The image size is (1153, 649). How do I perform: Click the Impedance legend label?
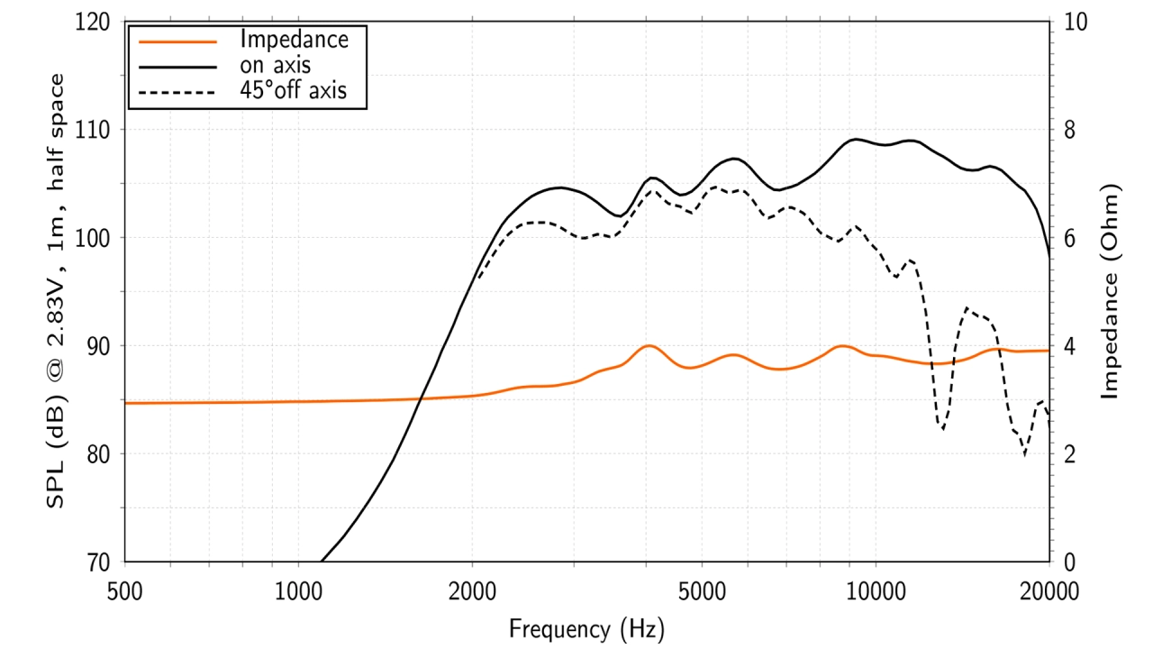tap(294, 40)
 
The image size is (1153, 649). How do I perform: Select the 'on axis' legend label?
tap(276, 65)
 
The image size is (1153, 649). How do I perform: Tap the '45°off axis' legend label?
tap(294, 90)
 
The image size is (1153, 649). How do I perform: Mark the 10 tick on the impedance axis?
tap(1074, 22)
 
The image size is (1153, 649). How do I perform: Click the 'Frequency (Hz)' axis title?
tap(586, 627)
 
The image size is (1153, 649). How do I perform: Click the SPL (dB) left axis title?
tap(56, 291)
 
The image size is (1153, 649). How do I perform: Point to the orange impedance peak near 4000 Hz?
tap(648, 346)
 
